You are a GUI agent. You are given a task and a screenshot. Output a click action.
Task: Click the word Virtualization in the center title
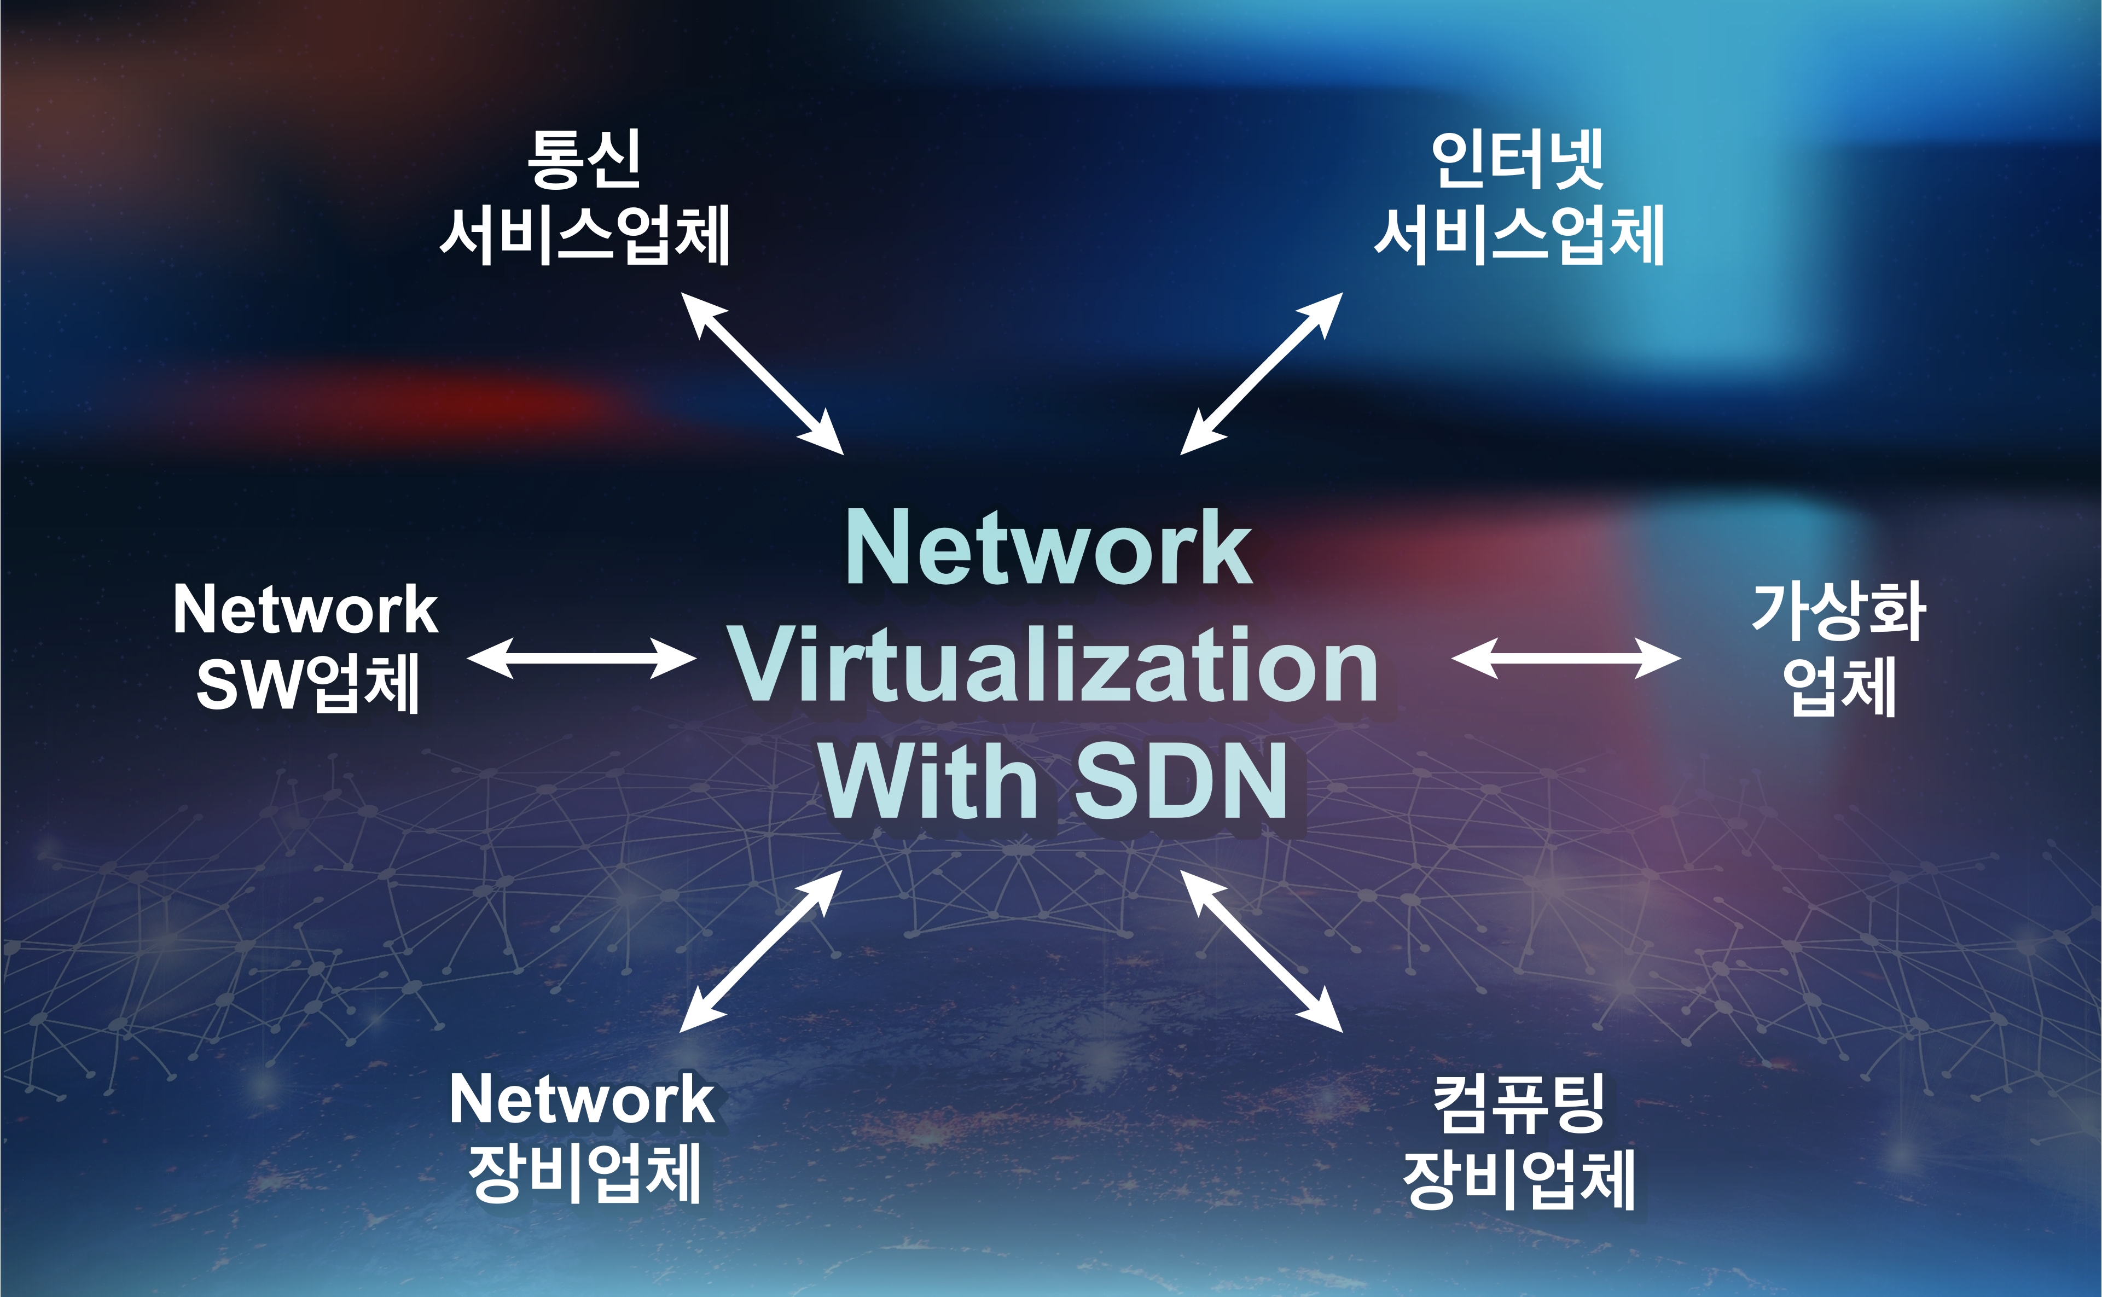[x=1054, y=666]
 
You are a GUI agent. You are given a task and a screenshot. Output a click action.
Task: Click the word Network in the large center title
[x=1048, y=549]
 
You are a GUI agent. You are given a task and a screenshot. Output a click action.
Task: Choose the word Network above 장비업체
[x=582, y=1100]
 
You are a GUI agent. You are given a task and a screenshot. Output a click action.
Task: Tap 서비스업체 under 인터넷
[x=1519, y=234]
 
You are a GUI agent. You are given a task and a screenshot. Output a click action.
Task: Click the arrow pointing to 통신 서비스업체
[x=762, y=373]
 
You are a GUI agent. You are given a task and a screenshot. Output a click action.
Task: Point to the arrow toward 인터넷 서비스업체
[x=1261, y=373]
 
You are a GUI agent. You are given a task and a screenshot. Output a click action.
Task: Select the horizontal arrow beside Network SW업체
[x=581, y=659]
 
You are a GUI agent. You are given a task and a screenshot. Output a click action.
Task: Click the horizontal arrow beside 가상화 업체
[x=1566, y=659]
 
